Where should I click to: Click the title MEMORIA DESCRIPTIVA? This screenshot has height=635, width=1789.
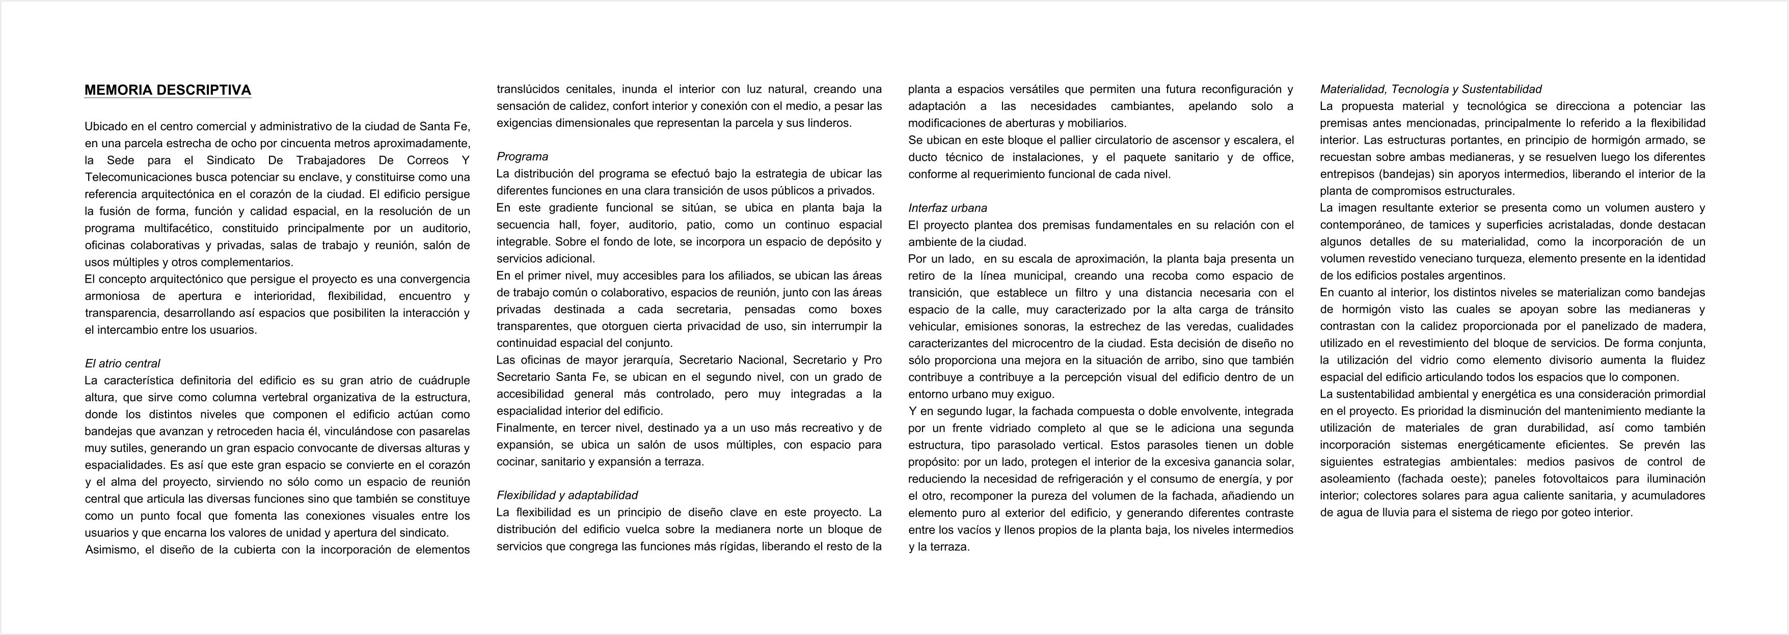click(x=168, y=90)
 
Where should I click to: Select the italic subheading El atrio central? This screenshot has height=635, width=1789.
click(x=122, y=364)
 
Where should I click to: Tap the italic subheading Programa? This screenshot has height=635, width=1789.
click(x=522, y=157)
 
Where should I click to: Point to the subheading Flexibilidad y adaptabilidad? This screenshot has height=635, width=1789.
click(x=566, y=495)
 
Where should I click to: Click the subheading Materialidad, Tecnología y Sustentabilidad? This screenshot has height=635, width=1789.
click(x=1431, y=90)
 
